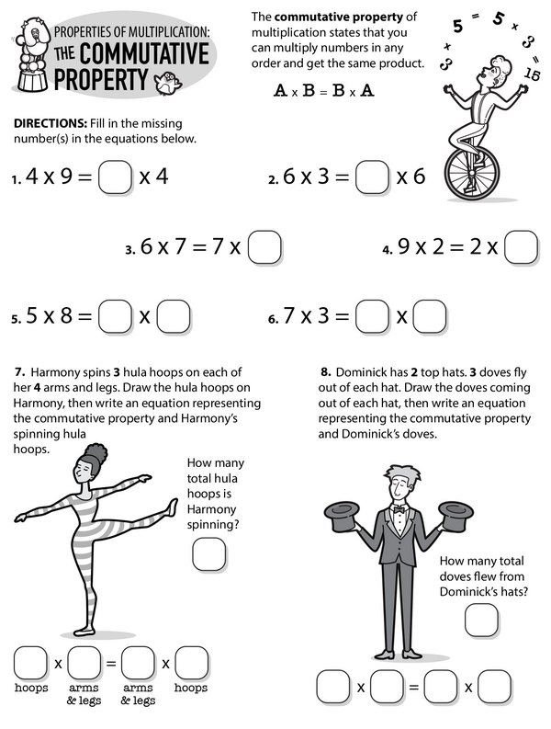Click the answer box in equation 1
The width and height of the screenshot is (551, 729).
pos(115,177)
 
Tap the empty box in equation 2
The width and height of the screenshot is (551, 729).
pos(372,177)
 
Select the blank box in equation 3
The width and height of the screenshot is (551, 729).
pos(264,247)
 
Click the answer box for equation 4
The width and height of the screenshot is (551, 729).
pos(522,247)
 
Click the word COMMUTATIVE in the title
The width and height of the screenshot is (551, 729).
pos(144,53)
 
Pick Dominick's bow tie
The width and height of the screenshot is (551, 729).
pos(399,509)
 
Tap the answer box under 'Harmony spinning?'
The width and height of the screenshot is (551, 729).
pos(209,554)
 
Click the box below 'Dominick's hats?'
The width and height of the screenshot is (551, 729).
pos(482,621)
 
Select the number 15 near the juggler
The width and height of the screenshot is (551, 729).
pos(532,74)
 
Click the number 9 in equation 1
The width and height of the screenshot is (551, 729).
pos(67,177)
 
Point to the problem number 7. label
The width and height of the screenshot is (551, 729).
pos(19,372)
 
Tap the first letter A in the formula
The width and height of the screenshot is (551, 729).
pos(280,90)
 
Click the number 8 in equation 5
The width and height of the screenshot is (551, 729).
pos(66,315)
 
